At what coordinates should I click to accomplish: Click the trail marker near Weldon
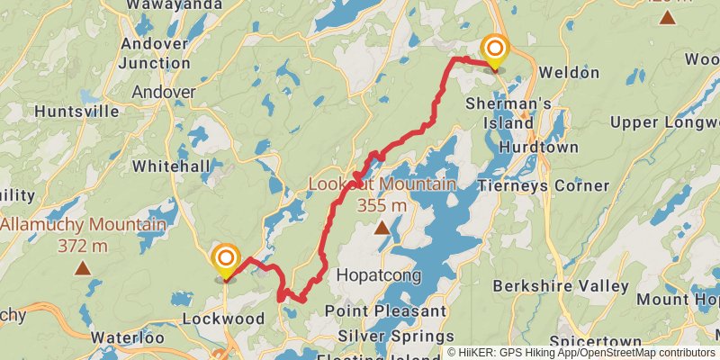click(494, 50)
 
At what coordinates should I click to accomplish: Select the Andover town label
click(163, 92)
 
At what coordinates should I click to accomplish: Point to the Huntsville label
click(76, 112)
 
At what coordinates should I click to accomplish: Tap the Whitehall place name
click(170, 166)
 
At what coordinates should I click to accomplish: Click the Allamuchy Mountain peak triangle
click(83, 268)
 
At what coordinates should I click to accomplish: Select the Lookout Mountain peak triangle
click(382, 228)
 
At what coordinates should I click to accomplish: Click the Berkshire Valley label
click(561, 285)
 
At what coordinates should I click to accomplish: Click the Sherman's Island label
click(508, 112)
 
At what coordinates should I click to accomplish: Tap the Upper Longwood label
click(664, 121)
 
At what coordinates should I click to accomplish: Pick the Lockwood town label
click(222, 319)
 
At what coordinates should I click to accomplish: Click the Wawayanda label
click(162, 4)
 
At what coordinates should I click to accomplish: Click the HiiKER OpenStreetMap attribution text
click(580, 353)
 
